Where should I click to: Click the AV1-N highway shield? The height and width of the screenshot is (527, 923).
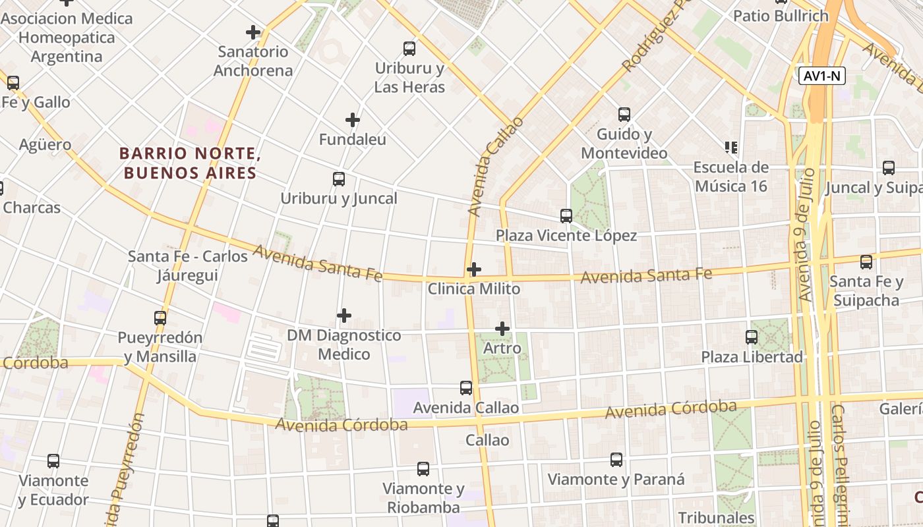click(822, 76)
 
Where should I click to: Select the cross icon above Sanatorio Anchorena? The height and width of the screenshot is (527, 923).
click(253, 32)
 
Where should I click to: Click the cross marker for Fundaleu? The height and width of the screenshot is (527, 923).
click(353, 120)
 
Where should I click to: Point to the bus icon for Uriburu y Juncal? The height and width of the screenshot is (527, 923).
click(339, 179)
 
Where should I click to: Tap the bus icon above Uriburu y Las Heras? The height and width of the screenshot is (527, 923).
click(409, 49)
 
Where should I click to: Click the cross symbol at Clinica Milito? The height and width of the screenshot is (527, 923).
click(473, 269)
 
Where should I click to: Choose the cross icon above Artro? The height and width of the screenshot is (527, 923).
click(502, 328)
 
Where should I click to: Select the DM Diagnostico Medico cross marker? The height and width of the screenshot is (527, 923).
click(343, 316)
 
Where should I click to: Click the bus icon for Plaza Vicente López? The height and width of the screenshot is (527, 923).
click(566, 216)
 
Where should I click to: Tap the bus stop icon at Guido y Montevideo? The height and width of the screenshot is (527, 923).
click(624, 115)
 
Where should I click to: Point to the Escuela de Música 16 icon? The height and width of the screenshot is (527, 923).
click(730, 147)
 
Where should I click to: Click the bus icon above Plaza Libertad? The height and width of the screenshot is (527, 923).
click(752, 337)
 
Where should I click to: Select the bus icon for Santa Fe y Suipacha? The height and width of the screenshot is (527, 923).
click(866, 262)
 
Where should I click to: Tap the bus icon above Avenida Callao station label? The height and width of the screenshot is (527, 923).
click(466, 388)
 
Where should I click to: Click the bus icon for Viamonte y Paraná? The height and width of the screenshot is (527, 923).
click(616, 460)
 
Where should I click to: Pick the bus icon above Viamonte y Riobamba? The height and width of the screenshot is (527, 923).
click(423, 469)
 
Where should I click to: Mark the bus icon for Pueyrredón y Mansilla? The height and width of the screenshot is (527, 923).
click(160, 318)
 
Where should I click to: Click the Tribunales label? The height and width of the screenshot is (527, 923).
click(716, 518)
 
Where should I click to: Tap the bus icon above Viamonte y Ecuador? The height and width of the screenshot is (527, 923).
click(53, 461)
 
